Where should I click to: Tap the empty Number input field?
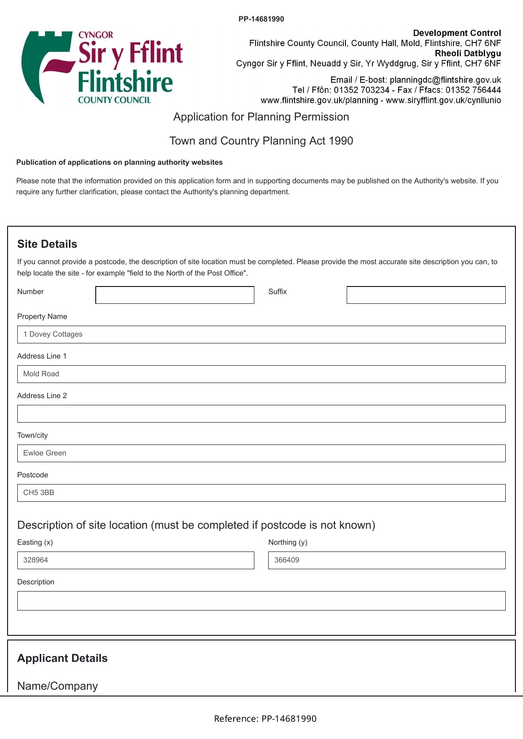(175, 295)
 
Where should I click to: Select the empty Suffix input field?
(426, 295)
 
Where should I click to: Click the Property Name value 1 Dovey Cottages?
(53, 334)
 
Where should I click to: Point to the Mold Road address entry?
(41, 374)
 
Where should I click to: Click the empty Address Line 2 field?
(261, 414)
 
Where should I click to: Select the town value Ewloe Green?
(45, 453)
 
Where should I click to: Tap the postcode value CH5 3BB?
(39, 493)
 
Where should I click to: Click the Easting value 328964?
(36, 560)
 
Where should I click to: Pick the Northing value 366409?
(287, 560)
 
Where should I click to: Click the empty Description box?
(261, 601)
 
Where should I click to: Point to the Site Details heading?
(47, 244)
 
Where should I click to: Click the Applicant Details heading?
(62, 658)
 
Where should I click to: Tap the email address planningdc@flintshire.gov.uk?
(445, 80)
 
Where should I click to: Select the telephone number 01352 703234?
(361, 90)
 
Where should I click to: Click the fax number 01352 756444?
(473, 90)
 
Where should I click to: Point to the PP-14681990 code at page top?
(261, 19)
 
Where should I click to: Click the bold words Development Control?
(457, 33)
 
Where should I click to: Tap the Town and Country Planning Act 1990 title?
(261, 141)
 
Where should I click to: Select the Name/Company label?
(57, 686)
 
